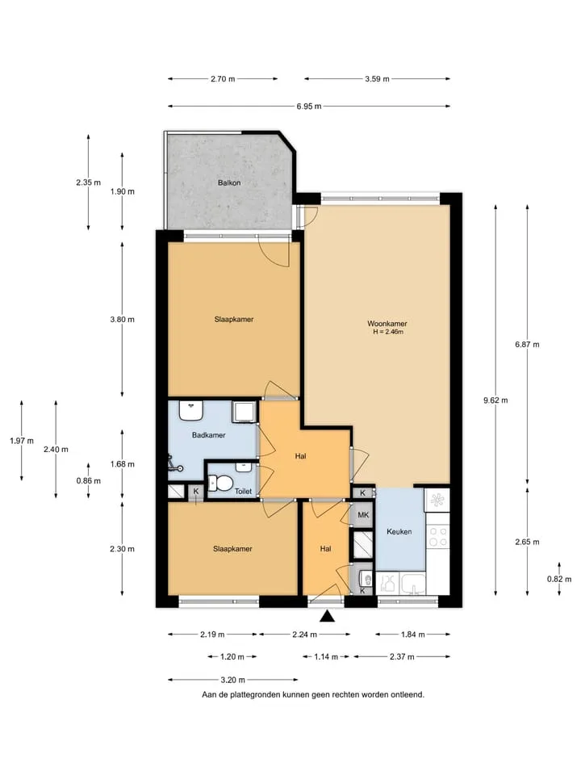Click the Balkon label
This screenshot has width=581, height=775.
point(229,183)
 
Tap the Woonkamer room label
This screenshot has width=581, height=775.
point(387,324)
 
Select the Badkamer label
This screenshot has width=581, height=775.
point(208,435)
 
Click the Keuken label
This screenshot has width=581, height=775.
point(399,532)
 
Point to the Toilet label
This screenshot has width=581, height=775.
point(243,492)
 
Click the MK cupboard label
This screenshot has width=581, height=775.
point(363,515)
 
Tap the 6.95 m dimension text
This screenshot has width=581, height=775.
point(309,107)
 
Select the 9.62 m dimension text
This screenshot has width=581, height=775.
point(495,400)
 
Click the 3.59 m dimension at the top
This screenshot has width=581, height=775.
point(378,78)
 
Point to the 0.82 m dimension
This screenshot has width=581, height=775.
point(559,579)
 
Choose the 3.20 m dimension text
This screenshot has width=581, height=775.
point(232,680)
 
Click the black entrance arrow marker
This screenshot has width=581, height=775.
point(326,616)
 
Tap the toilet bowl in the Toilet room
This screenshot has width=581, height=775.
point(221,483)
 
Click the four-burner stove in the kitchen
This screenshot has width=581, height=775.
point(437,537)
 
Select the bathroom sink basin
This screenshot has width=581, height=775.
point(191,411)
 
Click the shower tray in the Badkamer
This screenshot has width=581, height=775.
point(245,413)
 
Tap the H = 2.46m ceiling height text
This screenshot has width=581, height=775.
point(388,332)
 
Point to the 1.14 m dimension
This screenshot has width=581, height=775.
point(326,657)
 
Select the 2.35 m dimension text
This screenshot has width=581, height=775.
point(89,182)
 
